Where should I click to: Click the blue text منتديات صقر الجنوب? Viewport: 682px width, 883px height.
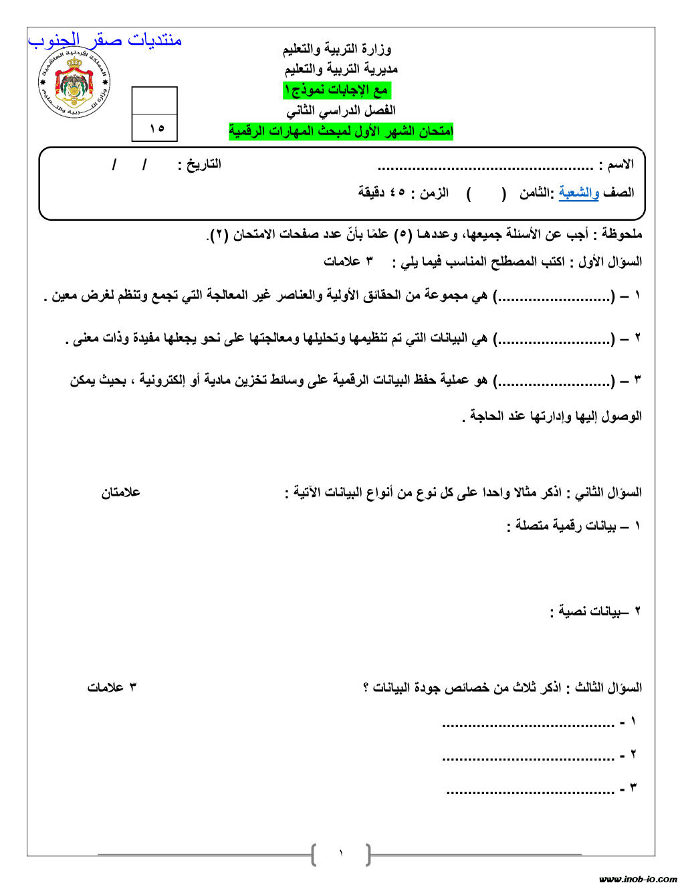coord(105,40)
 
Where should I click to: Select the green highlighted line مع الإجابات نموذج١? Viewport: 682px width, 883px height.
coord(336,90)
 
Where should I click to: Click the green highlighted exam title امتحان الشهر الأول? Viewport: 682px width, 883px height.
coord(341,132)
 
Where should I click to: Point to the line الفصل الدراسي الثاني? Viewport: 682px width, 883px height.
coord(340,110)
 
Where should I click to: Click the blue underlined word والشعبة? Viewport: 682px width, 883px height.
coord(579,193)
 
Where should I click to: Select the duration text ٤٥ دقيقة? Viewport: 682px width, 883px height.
coord(380,193)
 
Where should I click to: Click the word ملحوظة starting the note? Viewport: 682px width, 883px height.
coord(622,234)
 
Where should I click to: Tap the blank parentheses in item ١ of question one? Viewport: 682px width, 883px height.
coord(554,296)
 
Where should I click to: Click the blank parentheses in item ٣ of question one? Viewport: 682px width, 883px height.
coord(554,381)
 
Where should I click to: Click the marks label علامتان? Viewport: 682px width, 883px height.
coord(121,493)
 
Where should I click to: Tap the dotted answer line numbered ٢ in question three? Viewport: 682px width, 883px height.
coord(528,757)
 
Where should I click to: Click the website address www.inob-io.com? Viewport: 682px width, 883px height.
coord(638,878)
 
